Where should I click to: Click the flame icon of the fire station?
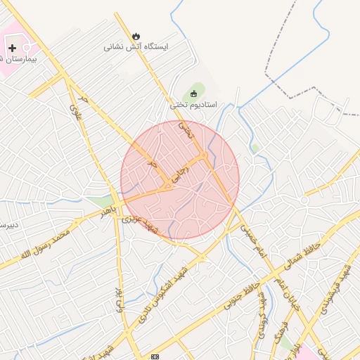coord(136,35)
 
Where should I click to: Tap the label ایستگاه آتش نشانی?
coord(136,47)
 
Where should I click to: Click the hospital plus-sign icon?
coord(12,48)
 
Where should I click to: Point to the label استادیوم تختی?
coord(193,105)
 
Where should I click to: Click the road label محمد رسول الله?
coord(46,243)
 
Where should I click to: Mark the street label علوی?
coord(76,110)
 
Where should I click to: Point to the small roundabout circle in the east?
coord(304,200)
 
